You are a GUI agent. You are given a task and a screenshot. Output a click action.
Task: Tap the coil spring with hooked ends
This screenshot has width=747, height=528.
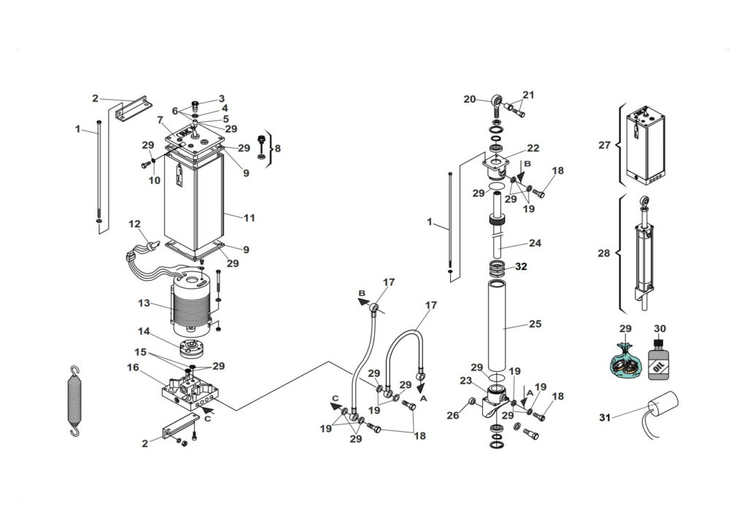pyautogui.click(x=75, y=401)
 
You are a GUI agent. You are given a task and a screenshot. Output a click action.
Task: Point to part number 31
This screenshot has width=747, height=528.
pyautogui.click(x=605, y=418)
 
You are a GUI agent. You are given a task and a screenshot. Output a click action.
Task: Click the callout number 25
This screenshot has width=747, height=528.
pyautogui.click(x=535, y=324)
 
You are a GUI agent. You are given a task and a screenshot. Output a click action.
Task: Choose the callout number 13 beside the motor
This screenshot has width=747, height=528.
pyautogui.click(x=144, y=303)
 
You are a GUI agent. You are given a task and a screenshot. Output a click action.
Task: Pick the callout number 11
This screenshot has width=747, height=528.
pyautogui.click(x=249, y=218)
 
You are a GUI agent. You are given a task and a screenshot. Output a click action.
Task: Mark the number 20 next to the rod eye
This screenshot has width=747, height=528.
pyautogui.click(x=470, y=99)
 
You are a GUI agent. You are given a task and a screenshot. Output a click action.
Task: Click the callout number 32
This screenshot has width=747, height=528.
pyautogui.click(x=521, y=267)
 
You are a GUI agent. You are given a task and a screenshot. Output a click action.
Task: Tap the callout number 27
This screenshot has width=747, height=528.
pyautogui.click(x=604, y=144)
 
